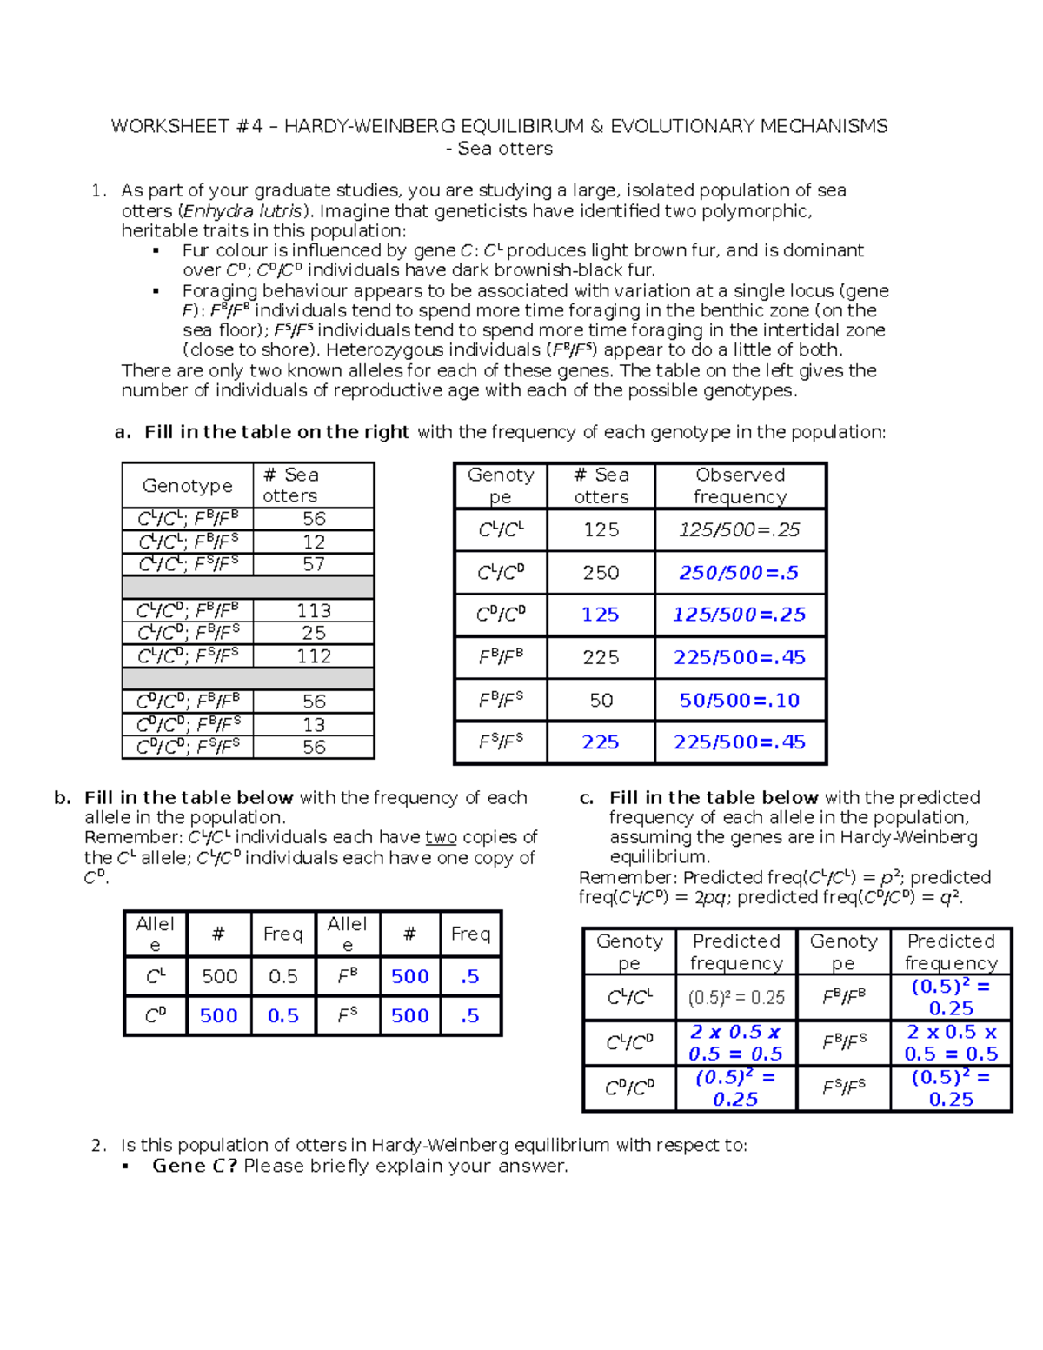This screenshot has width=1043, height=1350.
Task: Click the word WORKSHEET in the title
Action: [169, 127]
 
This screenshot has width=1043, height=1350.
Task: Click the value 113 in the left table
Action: [314, 611]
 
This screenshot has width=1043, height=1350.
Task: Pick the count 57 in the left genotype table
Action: [314, 564]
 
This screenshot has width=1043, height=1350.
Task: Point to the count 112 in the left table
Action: [314, 656]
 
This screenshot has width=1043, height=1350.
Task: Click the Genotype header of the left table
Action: [188, 486]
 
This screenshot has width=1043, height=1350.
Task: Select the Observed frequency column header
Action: [740, 486]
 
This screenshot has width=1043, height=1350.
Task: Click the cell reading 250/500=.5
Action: [739, 573]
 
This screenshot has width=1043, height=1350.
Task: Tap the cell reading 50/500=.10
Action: [739, 701]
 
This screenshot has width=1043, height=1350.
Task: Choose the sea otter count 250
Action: [601, 573]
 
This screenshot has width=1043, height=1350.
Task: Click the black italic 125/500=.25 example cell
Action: [739, 530]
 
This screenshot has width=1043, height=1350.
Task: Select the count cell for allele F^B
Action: [409, 977]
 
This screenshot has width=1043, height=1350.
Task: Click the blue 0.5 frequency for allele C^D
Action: [282, 1016]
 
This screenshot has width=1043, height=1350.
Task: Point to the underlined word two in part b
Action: [441, 838]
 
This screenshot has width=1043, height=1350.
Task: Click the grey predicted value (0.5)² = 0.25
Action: [735, 998]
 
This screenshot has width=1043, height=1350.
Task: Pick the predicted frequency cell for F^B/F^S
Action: [951, 1043]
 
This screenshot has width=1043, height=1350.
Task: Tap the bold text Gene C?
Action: [194, 1167]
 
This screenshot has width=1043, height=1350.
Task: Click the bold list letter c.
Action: [587, 798]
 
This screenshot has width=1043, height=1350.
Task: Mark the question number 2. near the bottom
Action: [99, 1146]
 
